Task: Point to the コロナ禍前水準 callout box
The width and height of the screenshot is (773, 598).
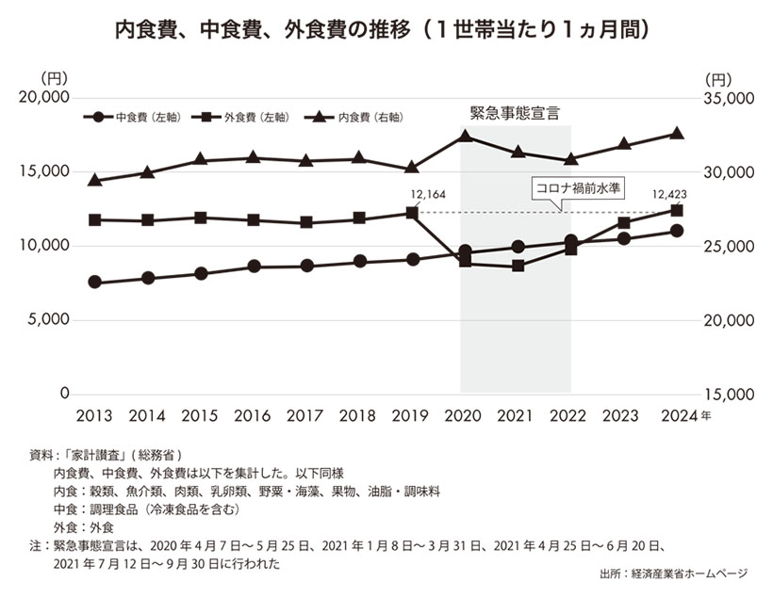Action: point(579,187)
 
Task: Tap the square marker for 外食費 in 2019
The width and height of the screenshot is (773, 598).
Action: point(412,213)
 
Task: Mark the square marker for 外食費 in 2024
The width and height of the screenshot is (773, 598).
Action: point(677,210)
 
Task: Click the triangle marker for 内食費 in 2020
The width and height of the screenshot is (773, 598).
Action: point(465,137)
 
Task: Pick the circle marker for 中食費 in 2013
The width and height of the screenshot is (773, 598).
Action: point(94,283)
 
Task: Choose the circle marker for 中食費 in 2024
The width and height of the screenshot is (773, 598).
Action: point(677,231)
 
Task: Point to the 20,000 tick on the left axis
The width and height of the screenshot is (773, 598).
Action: point(45,98)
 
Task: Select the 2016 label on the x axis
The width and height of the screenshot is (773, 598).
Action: point(253,416)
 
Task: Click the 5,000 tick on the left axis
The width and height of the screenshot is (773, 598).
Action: point(49,320)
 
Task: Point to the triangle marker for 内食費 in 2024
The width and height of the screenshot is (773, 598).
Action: point(677,133)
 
